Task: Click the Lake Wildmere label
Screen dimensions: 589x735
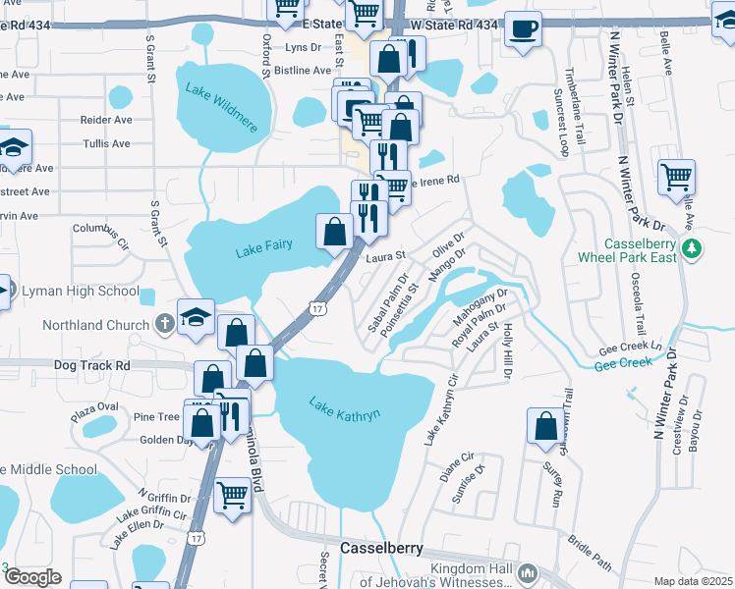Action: click(221, 100)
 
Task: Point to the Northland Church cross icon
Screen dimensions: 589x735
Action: click(164, 324)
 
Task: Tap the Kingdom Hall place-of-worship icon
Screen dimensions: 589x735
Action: click(528, 572)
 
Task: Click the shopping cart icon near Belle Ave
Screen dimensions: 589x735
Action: click(676, 177)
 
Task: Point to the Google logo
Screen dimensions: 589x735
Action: click(31, 577)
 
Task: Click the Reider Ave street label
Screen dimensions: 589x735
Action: click(107, 120)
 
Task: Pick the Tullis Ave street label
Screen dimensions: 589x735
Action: click(107, 143)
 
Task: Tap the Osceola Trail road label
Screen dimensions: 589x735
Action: click(640, 302)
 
